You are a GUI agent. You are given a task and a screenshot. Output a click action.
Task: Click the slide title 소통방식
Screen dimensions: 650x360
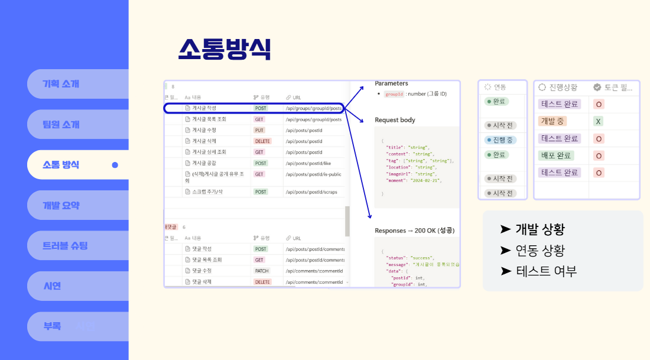225,49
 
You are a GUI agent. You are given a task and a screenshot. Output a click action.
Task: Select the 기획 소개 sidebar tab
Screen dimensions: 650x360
61,84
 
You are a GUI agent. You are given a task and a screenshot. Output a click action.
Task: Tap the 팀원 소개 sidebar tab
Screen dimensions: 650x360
61,125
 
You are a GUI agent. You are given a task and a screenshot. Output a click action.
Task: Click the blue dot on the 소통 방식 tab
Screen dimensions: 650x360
115,165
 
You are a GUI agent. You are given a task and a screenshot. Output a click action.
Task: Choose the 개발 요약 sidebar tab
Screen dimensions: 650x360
61,206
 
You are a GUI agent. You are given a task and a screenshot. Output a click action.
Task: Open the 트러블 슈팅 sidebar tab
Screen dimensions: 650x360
66,245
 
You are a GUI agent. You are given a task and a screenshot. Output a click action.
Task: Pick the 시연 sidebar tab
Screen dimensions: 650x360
53,286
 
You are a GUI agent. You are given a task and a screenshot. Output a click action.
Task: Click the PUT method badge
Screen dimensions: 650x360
259,130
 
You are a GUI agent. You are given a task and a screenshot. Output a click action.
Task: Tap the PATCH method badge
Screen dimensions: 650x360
261,271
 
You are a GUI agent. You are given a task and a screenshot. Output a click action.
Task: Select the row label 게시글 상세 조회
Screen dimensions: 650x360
209,152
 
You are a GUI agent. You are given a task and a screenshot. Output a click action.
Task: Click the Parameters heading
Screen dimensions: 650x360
391,84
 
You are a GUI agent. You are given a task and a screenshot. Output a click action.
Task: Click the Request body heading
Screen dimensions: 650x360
395,120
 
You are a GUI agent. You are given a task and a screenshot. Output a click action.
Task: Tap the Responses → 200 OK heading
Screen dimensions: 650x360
414,231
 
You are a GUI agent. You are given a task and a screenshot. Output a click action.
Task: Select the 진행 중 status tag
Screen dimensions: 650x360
500,140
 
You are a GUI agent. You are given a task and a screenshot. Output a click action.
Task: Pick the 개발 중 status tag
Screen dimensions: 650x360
552,121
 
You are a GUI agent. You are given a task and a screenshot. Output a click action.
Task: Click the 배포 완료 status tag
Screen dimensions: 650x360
556,155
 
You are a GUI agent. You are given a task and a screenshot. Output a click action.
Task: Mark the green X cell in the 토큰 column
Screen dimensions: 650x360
599,121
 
